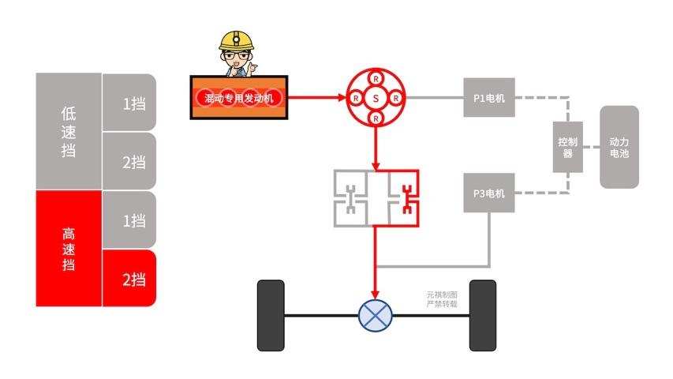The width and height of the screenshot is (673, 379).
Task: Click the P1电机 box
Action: [488, 98]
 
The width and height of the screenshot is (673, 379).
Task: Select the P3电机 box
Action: [488, 193]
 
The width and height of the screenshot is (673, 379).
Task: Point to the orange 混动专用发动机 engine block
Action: [240, 98]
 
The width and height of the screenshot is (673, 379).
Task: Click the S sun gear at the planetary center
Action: [376, 98]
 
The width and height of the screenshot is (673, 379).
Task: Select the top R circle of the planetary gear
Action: [376, 80]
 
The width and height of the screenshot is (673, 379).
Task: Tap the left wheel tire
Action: [271, 315]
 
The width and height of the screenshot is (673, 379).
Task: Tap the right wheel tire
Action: [482, 315]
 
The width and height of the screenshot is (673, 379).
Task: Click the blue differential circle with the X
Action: [376, 315]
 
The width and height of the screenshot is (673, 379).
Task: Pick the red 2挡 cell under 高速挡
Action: [129, 278]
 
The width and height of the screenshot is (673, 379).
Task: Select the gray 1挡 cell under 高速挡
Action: [129, 220]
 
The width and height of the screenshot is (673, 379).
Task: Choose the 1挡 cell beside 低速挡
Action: [129, 103]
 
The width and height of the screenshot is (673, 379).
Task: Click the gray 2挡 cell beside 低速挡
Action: [129, 162]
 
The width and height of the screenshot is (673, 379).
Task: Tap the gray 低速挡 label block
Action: [69, 131]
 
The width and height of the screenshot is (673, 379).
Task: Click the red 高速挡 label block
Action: [69, 248]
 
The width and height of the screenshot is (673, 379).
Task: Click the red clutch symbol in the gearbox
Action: [408, 198]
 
